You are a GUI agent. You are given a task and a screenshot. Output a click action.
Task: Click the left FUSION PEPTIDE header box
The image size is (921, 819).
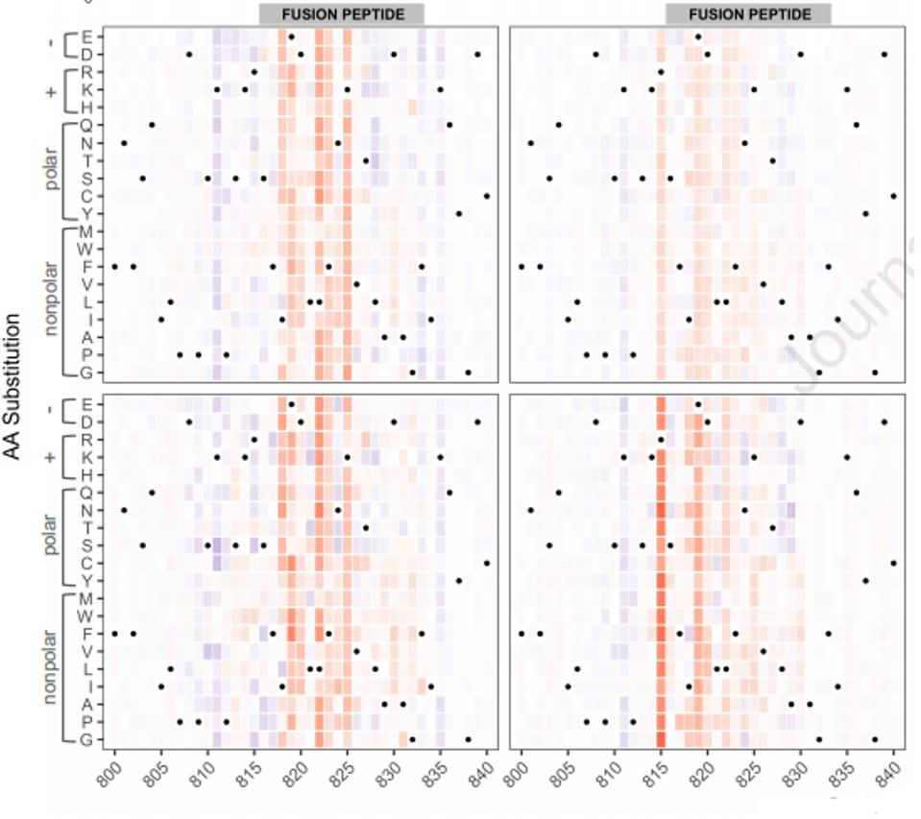pyautogui.click(x=342, y=14)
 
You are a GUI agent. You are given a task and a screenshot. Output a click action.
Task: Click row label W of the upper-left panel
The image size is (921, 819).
pyautogui.click(x=87, y=249)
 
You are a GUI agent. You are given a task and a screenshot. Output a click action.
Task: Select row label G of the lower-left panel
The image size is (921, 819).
pyautogui.click(x=87, y=739)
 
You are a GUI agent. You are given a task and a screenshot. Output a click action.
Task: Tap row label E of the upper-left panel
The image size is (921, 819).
pyautogui.click(x=87, y=36)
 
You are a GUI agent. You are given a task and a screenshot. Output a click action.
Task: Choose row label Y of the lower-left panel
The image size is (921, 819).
pyautogui.click(x=87, y=581)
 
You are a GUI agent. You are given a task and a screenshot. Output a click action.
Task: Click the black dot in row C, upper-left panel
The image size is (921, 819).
pyautogui.click(x=487, y=196)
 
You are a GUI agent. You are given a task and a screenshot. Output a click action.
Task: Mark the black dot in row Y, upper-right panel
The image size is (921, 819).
pyautogui.click(x=865, y=214)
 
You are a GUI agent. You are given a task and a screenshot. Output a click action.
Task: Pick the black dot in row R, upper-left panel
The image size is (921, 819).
pyautogui.click(x=254, y=72)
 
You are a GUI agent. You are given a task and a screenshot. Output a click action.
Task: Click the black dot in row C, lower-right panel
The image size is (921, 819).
pyautogui.click(x=893, y=563)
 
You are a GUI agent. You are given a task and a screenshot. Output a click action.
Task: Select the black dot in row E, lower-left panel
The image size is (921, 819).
pyautogui.click(x=291, y=404)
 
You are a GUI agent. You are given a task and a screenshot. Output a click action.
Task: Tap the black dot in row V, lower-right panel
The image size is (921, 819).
pyautogui.click(x=763, y=651)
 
